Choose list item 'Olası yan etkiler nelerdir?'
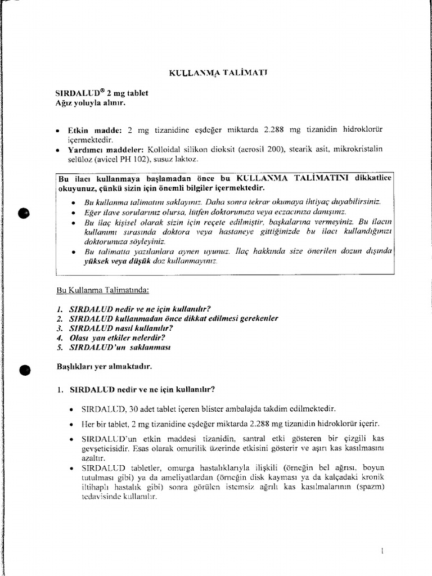coord(119,337)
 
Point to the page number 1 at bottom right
coord(382,552)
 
